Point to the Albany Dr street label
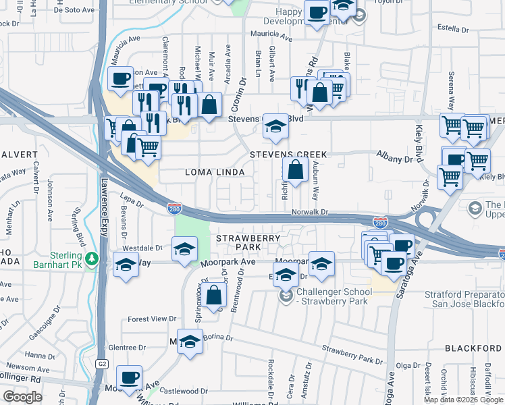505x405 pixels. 394,159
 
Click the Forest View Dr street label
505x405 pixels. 151,319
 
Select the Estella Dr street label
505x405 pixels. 453,30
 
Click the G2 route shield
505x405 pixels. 101,364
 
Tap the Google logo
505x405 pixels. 22,397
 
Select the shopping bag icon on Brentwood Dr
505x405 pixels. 213,296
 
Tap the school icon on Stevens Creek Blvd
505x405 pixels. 275,126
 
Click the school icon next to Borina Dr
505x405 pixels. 190,342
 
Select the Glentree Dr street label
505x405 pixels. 127,348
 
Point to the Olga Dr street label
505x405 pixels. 408,365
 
